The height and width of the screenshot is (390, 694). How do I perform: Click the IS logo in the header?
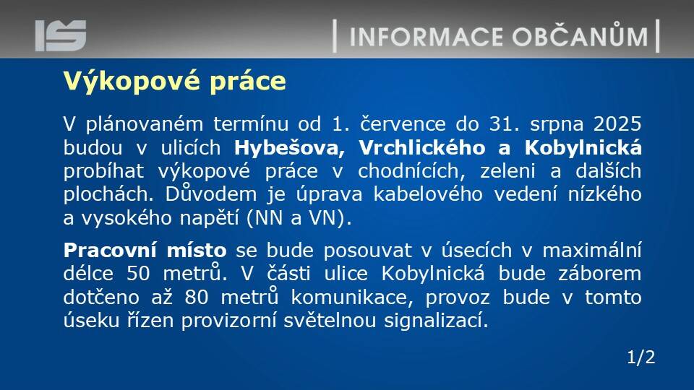point(61,35)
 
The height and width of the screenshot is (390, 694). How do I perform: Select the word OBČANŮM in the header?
point(581,35)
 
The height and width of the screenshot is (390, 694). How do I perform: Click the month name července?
point(403,123)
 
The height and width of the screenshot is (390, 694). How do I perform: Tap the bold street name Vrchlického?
point(421,147)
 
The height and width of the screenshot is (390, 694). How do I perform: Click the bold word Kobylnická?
point(583,147)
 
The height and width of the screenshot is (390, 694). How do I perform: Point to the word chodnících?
point(411,171)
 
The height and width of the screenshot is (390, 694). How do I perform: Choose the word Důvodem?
point(211,194)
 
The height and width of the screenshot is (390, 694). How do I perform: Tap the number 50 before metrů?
point(139,274)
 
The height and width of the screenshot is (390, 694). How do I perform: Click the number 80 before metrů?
point(197,297)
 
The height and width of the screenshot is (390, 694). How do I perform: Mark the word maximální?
point(592,251)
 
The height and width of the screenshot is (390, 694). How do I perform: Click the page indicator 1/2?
point(641,357)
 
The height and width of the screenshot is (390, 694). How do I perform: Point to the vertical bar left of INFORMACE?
point(335,36)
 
